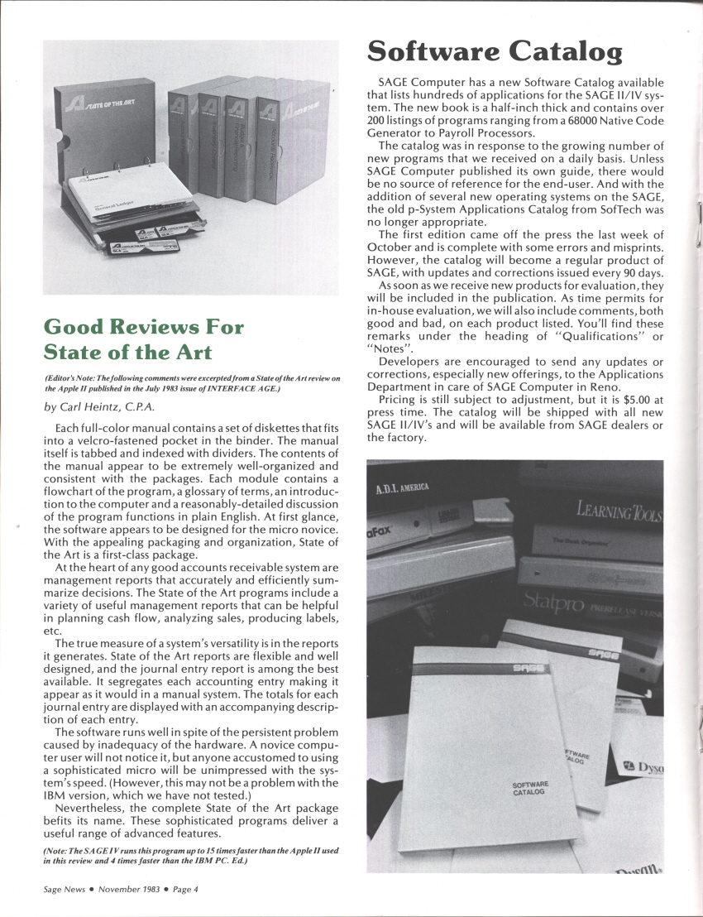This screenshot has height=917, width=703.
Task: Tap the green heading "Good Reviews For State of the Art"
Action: click(144, 338)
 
